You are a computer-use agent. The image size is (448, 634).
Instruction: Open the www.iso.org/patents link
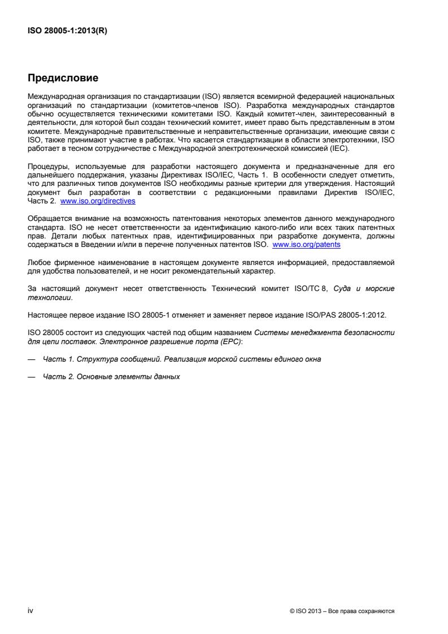(x=306, y=245)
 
